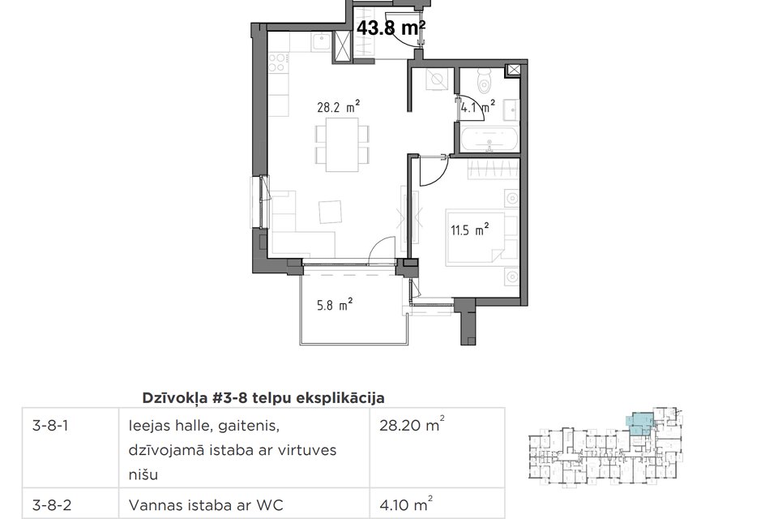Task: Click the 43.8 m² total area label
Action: pos(391,28)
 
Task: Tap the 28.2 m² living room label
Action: pos(338,106)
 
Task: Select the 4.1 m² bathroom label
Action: pos(477,106)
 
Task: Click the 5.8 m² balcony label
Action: pos(333,306)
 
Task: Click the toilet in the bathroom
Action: pos(485,82)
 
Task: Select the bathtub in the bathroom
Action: pos(489,138)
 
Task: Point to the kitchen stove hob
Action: pos(280,62)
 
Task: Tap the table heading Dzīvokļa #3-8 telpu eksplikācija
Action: pos(263,397)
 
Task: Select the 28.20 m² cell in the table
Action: pos(412,424)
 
